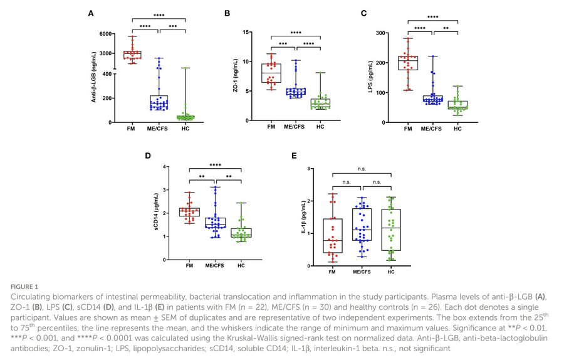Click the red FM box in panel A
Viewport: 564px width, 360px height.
coord(132,55)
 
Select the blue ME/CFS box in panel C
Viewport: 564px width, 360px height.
coord(431,99)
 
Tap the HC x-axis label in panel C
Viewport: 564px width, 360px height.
coord(457,129)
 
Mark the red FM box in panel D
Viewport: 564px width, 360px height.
coord(189,213)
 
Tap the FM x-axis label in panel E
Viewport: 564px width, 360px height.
coord(333,272)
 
